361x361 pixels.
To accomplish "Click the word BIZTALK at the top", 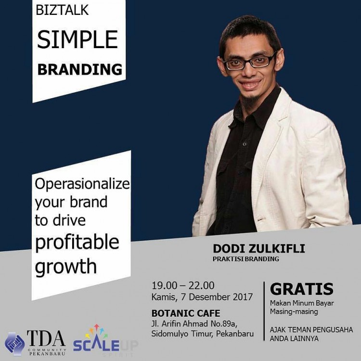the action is point(62,10).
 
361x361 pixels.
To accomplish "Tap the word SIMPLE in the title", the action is point(77,39).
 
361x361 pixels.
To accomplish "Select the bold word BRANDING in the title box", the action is point(79,69).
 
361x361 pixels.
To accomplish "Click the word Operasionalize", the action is point(82,185).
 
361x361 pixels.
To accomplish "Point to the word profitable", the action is point(77,242).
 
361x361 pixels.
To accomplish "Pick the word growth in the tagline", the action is point(65,266).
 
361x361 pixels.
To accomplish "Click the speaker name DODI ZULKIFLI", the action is point(259,249).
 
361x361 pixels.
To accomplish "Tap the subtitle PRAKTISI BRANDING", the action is point(245,259).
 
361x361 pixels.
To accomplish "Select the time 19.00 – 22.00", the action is point(183,285).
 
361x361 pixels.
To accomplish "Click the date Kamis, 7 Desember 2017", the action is point(202,297).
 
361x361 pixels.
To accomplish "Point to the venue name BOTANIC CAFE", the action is point(186,313).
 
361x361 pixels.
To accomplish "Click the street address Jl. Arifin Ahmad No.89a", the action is point(194,324).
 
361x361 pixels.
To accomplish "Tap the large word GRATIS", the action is point(302,289).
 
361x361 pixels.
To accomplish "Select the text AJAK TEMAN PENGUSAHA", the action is point(311,330).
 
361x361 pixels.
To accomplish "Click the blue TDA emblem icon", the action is point(14,343).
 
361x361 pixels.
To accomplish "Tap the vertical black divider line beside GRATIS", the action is point(264,311).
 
